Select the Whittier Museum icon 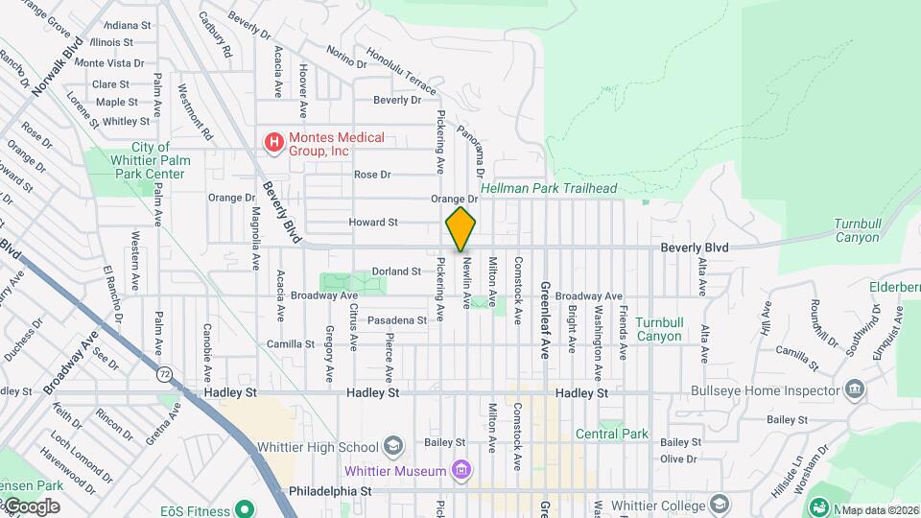click(x=461, y=470)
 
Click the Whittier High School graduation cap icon click(x=392, y=446)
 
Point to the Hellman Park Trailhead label click(x=549, y=189)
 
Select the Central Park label click(x=612, y=434)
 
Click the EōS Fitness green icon click(x=244, y=507)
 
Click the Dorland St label click(x=396, y=271)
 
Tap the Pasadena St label click(x=396, y=319)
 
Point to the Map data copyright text click(x=880, y=510)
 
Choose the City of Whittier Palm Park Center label click(x=151, y=160)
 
